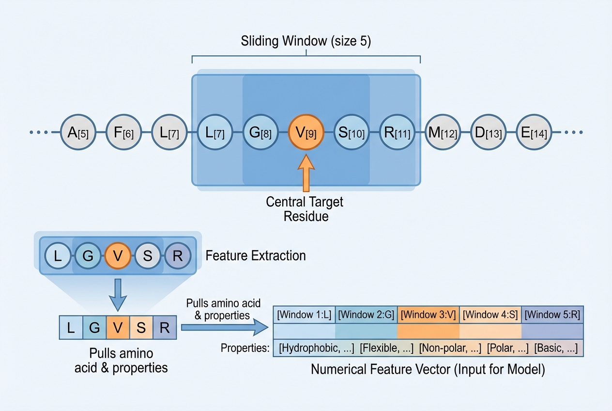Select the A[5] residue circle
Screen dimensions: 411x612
click(77, 132)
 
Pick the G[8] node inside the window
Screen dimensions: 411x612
click(259, 132)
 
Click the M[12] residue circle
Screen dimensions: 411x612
click(442, 132)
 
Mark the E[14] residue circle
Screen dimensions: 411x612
click(533, 132)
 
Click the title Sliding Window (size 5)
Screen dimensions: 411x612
click(306, 41)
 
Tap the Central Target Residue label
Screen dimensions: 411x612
click(305, 208)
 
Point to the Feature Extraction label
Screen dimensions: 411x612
click(256, 255)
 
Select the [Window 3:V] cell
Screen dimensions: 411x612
click(428, 315)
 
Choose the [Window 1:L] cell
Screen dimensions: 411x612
click(305, 315)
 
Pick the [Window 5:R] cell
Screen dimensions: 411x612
click(552, 315)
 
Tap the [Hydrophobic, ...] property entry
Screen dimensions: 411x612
click(317, 348)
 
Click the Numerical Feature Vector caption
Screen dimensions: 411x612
click(428, 370)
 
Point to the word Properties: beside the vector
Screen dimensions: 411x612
click(245, 348)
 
